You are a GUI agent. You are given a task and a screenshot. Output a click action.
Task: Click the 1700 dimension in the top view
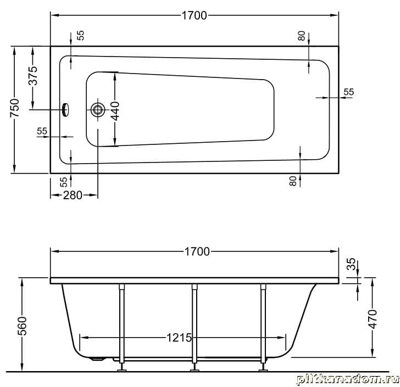(x=194, y=15)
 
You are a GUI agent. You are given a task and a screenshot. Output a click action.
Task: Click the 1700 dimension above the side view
(x=197, y=251)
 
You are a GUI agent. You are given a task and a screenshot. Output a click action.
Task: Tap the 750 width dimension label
(x=15, y=108)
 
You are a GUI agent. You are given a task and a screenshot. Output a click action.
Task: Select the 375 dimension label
(x=33, y=76)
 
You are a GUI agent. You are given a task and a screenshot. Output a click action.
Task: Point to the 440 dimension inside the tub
(x=115, y=111)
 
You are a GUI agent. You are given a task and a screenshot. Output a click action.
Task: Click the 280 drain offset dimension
(x=73, y=195)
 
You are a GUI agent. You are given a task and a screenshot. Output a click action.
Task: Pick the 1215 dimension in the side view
(x=179, y=338)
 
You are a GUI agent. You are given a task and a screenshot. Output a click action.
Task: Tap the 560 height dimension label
(x=22, y=326)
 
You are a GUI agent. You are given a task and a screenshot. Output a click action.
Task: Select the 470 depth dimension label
(x=373, y=319)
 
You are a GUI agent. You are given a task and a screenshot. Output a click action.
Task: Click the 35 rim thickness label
(x=352, y=264)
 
